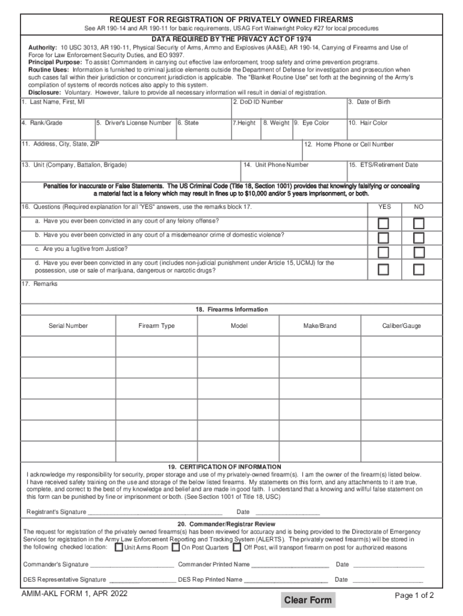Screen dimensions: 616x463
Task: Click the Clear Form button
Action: [308, 600]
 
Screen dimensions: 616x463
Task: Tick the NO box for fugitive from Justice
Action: [419, 252]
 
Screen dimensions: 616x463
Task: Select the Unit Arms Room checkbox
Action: [119, 547]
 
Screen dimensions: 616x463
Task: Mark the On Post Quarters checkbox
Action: [176, 547]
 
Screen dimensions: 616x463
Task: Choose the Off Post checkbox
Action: [238, 547]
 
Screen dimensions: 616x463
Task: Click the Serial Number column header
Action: [68, 326]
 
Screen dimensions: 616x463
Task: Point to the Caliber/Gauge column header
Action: [402, 326]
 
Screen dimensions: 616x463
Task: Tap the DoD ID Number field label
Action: [257, 102]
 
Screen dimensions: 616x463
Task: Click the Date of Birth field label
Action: [369, 102]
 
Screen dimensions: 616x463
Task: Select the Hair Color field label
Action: [368, 123]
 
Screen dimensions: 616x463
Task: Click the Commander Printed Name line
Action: [290, 564]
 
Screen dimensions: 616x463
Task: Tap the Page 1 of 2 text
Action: [414, 596]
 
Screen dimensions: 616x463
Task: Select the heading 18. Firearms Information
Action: [231, 309]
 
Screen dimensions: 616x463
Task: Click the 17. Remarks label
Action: [39, 284]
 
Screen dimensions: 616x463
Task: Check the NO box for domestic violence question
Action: [419, 238]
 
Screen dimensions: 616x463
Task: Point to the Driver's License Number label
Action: [134, 123]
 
